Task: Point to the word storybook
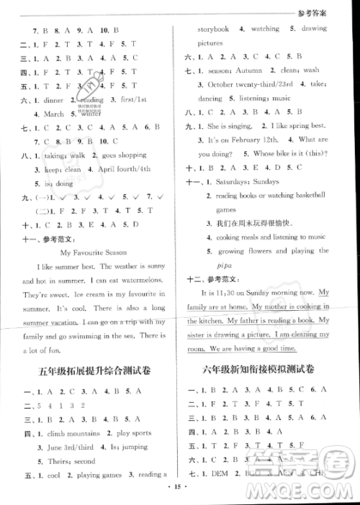click(x=213, y=29)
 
